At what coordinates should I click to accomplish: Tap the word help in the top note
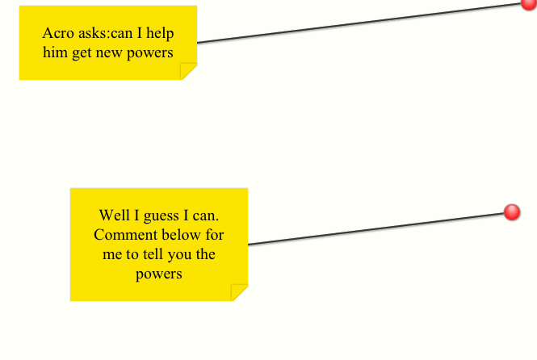(x=160, y=33)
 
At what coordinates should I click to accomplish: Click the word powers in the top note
(x=150, y=54)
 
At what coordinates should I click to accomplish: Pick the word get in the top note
(x=82, y=54)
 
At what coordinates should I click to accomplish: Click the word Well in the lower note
(x=115, y=216)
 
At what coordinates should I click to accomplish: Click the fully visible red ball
(x=512, y=212)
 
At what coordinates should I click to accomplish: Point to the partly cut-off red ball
(x=530, y=4)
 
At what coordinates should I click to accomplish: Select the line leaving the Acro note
(x=359, y=23)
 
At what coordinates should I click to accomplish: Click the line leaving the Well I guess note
(x=376, y=229)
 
